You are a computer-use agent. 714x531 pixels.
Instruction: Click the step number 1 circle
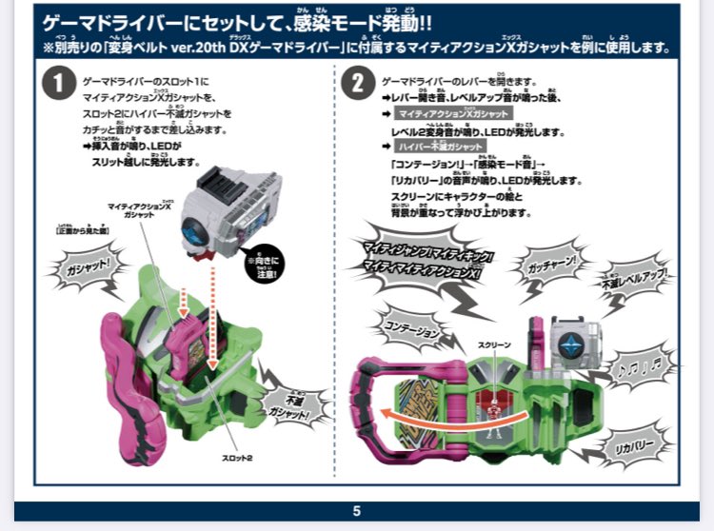click(59, 85)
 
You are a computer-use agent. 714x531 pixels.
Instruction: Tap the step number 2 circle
click(357, 85)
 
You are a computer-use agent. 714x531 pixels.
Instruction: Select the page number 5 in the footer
click(357, 511)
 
